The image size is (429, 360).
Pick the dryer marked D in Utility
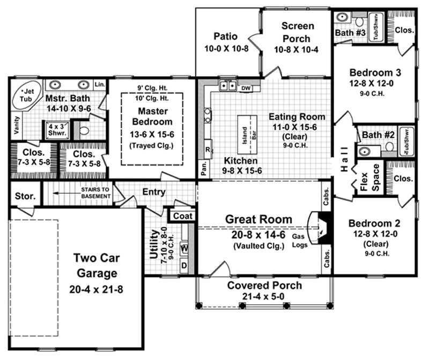click(x=184, y=265)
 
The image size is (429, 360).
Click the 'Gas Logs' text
click(x=299, y=240)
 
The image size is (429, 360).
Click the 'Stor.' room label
click(x=25, y=196)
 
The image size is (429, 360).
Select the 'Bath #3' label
click(x=351, y=34)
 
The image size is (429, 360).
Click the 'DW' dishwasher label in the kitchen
click(x=246, y=88)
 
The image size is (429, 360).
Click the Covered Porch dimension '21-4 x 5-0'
click(x=264, y=297)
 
